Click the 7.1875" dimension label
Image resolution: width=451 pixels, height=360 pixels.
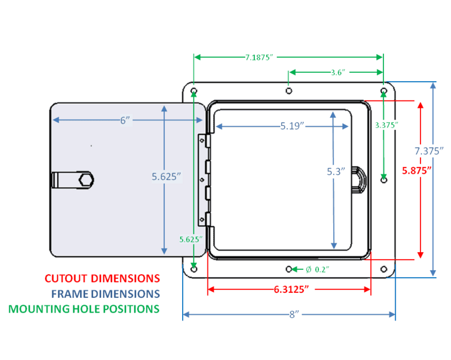[x=259, y=58]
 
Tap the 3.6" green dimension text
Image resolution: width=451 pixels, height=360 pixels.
[x=338, y=72]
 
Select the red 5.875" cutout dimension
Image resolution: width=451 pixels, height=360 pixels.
[x=417, y=170]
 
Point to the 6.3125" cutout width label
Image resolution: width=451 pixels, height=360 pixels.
[x=291, y=289]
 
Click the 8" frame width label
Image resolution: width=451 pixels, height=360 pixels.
[x=294, y=314]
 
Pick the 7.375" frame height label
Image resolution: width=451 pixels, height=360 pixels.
[x=429, y=151]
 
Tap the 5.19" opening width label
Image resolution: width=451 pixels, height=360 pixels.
[x=292, y=126]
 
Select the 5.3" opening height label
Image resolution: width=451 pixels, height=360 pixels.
[x=335, y=172]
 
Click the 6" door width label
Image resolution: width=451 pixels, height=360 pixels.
[x=125, y=120]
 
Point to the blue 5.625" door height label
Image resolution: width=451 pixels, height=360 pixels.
[x=166, y=177]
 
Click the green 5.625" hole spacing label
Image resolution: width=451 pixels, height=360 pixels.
[x=191, y=239]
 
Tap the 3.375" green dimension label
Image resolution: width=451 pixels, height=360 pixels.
[x=387, y=125]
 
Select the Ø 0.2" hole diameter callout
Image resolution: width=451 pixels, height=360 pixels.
[x=317, y=270]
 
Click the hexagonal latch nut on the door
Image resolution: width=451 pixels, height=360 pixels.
[x=86, y=180]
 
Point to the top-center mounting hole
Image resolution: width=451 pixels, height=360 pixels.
[x=289, y=91]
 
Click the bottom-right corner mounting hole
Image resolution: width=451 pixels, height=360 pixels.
[x=384, y=269]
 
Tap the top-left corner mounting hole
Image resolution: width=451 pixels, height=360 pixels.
[x=194, y=91]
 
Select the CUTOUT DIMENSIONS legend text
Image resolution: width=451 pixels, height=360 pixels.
[x=102, y=279]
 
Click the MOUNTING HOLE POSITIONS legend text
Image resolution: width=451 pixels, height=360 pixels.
[x=83, y=309]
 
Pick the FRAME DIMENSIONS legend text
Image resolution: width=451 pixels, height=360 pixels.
[x=105, y=294]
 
